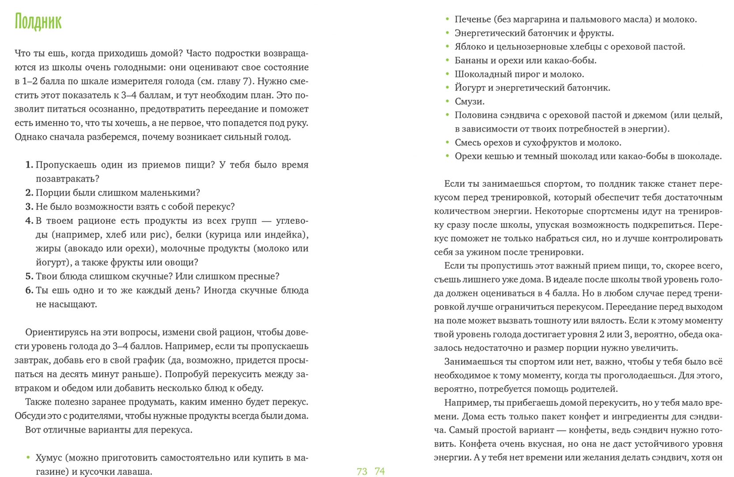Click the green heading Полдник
[x=38, y=22]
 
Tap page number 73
[x=362, y=471]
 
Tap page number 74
[x=380, y=471]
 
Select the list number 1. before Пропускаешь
[x=29, y=165]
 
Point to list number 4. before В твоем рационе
[x=29, y=220]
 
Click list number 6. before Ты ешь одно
[x=29, y=290]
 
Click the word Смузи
[x=469, y=102]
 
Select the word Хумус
[x=49, y=458]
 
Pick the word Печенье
[x=473, y=19]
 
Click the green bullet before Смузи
[x=447, y=101]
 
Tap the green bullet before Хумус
[x=28, y=458]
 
